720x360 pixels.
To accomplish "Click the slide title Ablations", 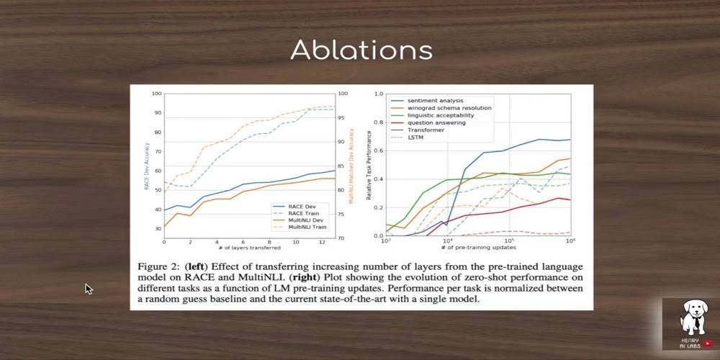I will (x=361, y=50).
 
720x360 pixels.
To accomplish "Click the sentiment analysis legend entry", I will (x=435, y=100).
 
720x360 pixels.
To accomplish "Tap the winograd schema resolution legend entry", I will (x=449, y=108).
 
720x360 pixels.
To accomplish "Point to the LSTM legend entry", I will (x=416, y=138).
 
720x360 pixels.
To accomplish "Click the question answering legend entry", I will (x=436, y=123).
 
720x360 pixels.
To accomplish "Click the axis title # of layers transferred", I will (x=249, y=248).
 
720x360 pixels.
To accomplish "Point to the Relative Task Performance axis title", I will (x=369, y=165).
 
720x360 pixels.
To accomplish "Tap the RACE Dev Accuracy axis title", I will (x=147, y=166).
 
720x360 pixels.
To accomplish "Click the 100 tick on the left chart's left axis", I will (x=157, y=94).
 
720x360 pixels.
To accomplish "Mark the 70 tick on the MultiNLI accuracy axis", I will (x=343, y=238).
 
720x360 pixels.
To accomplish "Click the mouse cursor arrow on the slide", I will (x=89, y=289).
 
